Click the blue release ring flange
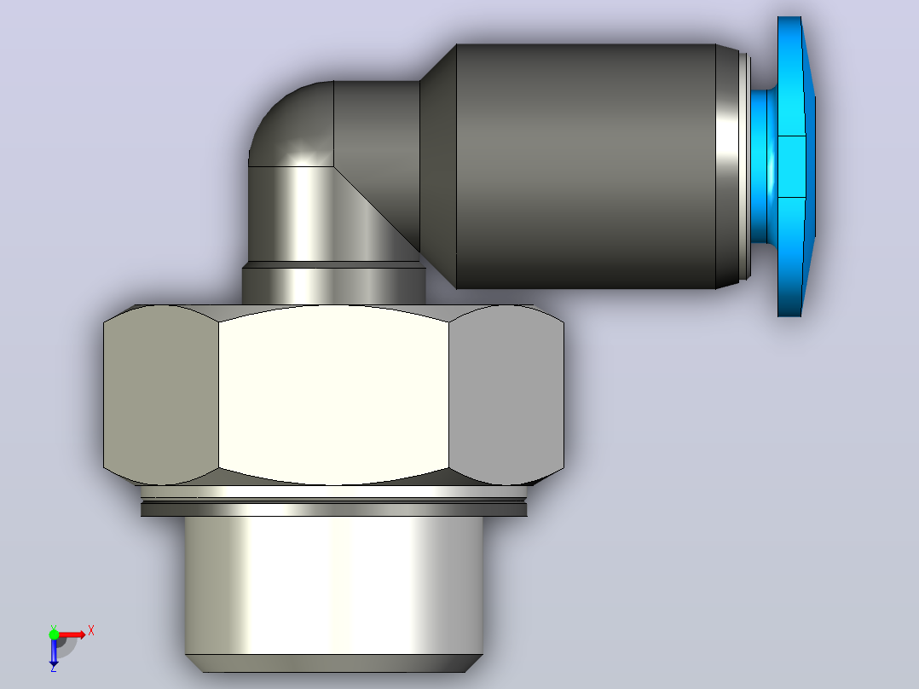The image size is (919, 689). tap(795, 166)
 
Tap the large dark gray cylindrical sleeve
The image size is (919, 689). tap(587, 166)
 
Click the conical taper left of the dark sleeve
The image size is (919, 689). tap(438, 166)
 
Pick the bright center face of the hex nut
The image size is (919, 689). tap(333, 395)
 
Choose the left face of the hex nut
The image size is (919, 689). tap(160, 395)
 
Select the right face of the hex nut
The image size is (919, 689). tap(506, 395)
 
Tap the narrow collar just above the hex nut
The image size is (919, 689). tap(333, 283)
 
